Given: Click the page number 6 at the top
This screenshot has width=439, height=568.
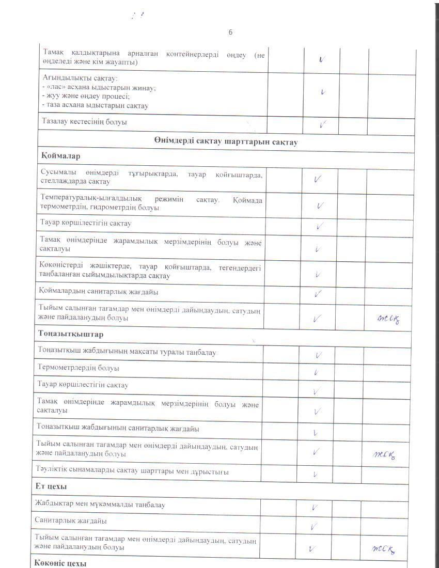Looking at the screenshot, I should click(230, 33).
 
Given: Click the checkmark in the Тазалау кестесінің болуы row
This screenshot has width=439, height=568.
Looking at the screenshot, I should click(323, 124).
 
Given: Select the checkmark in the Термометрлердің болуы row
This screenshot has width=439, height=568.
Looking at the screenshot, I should click(316, 371).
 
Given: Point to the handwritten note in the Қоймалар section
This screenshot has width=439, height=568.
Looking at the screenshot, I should click(387, 319).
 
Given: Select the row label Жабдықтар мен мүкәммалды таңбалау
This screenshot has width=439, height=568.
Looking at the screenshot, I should click(100, 504).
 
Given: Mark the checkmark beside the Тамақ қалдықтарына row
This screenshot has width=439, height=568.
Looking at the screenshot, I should click(322, 60).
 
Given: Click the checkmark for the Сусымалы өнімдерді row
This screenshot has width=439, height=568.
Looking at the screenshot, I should click(319, 179).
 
